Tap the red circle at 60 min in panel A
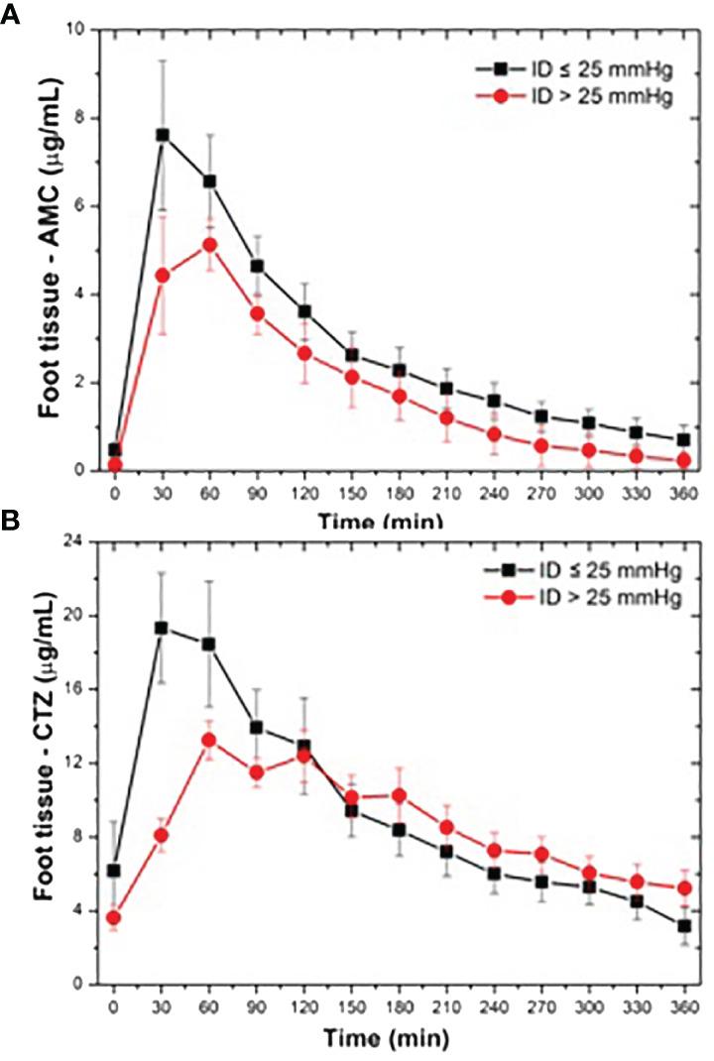(x=209, y=244)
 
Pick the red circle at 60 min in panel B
(x=209, y=740)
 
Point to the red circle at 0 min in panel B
(x=115, y=917)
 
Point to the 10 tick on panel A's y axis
(x=83, y=30)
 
